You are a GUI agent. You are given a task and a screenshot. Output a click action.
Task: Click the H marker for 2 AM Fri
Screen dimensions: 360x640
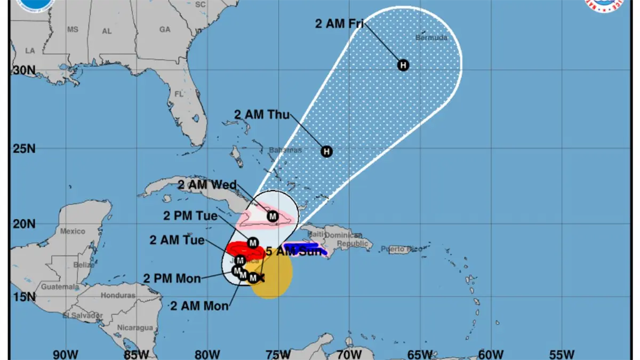click(404, 65)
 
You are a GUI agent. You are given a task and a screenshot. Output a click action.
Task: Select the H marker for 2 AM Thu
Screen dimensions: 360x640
click(326, 151)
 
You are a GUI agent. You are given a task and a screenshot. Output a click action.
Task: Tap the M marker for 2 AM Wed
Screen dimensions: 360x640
click(273, 217)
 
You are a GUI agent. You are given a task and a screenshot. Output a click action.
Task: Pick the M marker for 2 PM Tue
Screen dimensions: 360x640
click(253, 243)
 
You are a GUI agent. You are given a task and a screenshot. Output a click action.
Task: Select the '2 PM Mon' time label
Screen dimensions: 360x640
click(172, 278)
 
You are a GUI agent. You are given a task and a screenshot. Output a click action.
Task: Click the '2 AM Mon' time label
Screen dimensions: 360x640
click(199, 306)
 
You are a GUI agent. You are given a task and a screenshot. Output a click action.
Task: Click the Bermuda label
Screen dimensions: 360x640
click(431, 38)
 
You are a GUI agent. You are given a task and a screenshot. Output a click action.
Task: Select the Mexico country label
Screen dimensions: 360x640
click(73, 231)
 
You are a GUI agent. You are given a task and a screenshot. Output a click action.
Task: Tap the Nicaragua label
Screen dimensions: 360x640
click(135, 327)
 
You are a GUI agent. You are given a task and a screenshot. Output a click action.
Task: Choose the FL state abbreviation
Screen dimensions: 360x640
click(179, 94)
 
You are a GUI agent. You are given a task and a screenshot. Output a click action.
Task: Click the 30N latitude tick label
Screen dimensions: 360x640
click(23, 70)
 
